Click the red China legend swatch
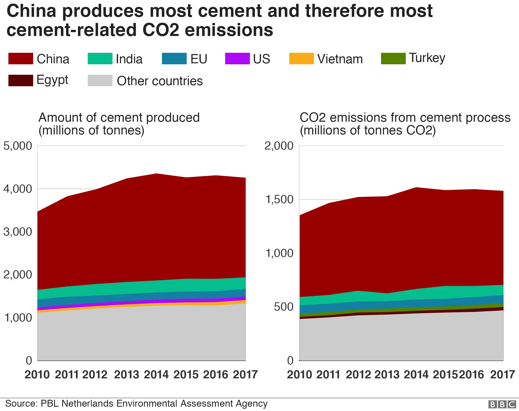point(21,59)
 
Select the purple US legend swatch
point(237,59)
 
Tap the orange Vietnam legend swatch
point(301,59)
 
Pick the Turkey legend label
point(427,58)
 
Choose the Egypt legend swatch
point(21,80)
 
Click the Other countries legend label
point(160,81)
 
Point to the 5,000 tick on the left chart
point(18,146)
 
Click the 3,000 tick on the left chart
point(18,232)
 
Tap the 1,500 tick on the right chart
point(280,200)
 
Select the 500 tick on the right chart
point(284,307)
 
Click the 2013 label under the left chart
point(126,375)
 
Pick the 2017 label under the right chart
point(502,375)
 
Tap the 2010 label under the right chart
point(299,375)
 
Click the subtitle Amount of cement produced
point(119,118)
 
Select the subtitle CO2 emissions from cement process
point(405,118)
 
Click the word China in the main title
point(31,11)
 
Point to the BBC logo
point(502,404)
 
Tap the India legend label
point(129,59)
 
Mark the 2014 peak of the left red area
point(156,174)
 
